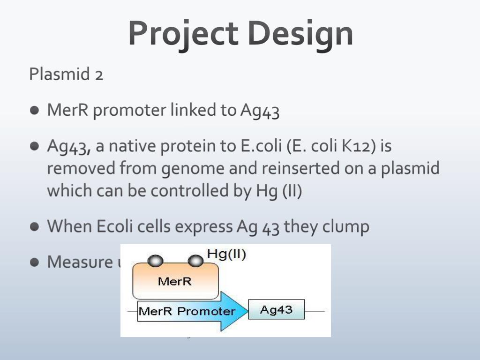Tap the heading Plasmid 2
(x=66, y=74)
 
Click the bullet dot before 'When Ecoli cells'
(x=35, y=227)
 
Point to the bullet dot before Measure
(x=35, y=262)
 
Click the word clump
(x=345, y=227)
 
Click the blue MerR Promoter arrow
(x=192, y=311)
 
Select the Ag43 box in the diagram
(x=276, y=310)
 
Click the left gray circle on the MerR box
(x=155, y=261)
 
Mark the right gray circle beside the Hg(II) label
(x=195, y=260)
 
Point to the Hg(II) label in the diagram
(x=226, y=255)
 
